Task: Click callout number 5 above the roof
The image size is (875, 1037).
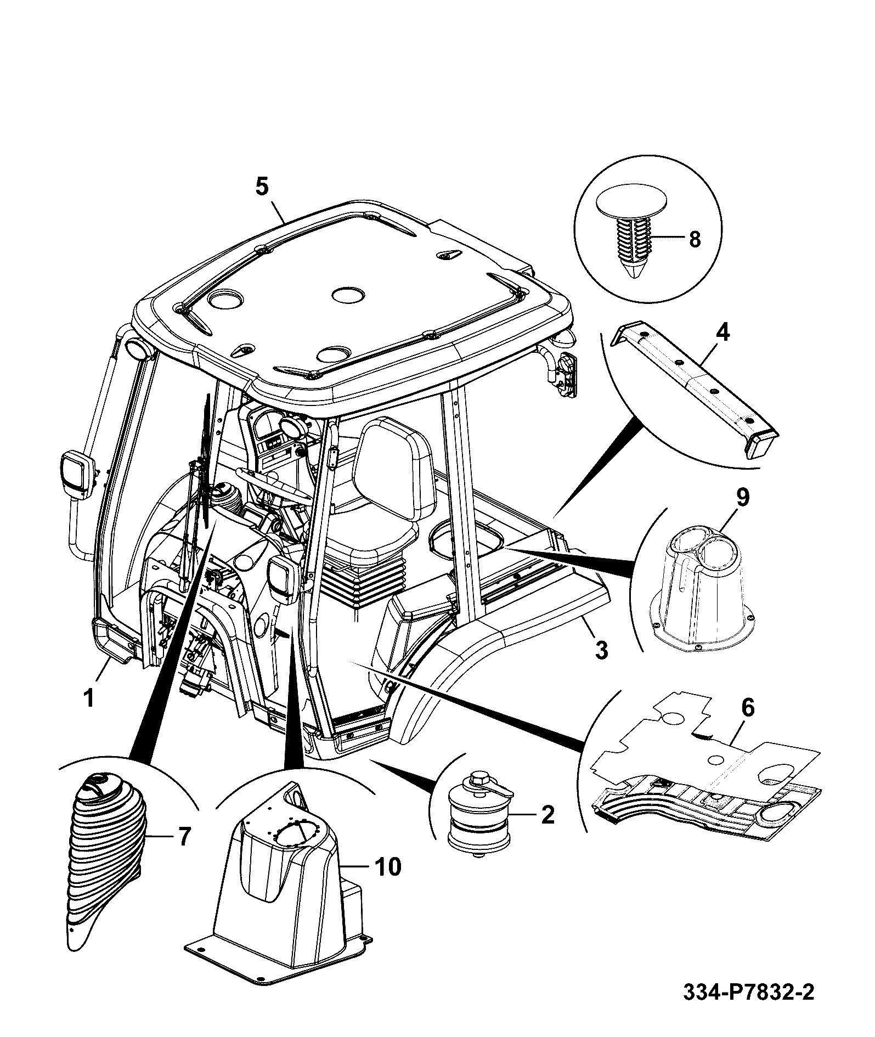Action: (262, 187)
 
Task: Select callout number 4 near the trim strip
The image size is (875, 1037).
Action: (723, 332)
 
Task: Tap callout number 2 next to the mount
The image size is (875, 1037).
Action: (547, 815)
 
